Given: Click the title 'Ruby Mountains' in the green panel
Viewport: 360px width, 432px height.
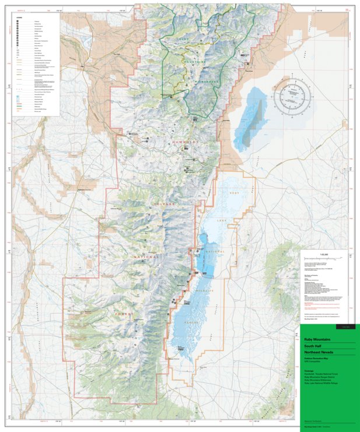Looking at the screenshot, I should coord(317,339).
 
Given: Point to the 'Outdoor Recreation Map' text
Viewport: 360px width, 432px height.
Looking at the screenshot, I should coord(316,358).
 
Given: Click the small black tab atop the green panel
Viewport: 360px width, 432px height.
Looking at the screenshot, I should coord(345,327).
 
